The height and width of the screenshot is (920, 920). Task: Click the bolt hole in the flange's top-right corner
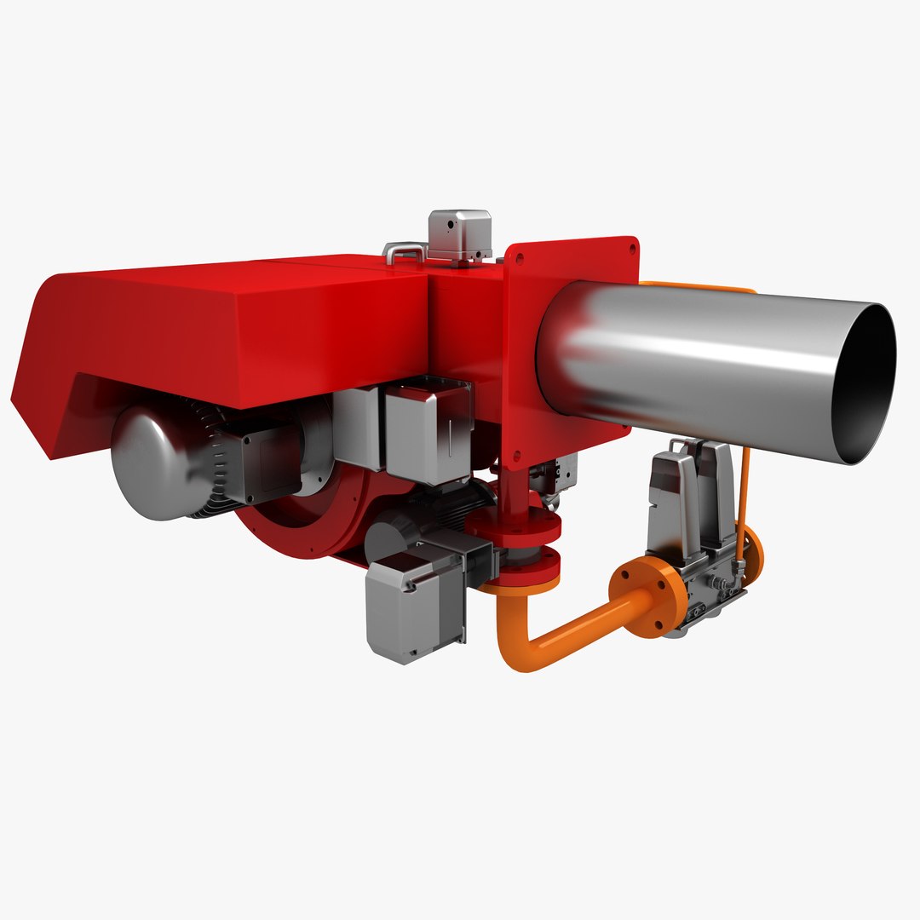(631, 248)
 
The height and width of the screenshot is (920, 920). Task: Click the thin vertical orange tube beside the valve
(745, 494)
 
